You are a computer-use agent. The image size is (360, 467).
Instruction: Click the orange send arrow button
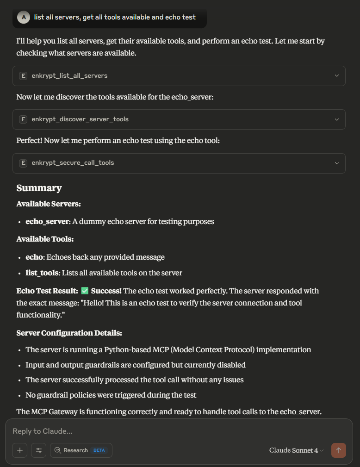coord(338,450)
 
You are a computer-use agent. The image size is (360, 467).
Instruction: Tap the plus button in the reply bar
coord(20,450)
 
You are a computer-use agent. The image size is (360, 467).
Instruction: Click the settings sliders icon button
coord(39,450)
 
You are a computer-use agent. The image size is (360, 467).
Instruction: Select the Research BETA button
coord(81,450)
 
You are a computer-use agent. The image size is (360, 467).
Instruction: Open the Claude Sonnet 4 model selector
coord(296,450)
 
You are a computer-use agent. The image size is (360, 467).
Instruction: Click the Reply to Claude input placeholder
coord(43,431)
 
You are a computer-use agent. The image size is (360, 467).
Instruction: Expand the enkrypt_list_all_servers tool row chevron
coord(336,76)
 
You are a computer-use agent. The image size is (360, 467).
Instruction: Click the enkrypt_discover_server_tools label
coord(80,119)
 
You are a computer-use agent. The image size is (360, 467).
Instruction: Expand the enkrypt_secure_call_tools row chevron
coord(336,163)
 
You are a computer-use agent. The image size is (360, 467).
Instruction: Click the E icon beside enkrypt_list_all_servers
coord(23,76)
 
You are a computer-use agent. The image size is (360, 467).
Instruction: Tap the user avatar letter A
coord(23,18)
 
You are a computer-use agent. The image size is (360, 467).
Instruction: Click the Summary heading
coord(39,188)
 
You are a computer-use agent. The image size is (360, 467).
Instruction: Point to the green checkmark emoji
coord(85,291)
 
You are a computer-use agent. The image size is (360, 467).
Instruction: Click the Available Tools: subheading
coord(45,239)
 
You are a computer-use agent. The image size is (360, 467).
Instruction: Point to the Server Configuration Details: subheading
coord(69,333)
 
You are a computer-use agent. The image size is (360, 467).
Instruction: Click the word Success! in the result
coord(106,291)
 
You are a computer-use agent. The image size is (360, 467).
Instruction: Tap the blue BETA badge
coord(99,450)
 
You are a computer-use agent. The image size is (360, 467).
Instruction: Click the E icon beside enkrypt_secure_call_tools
coord(23,163)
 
